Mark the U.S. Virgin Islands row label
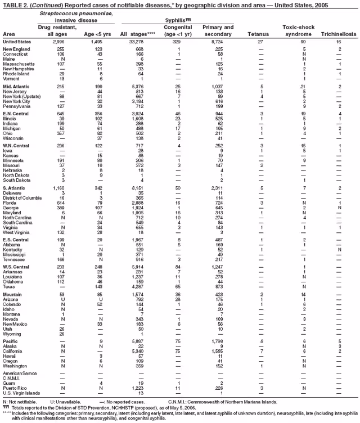21,393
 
